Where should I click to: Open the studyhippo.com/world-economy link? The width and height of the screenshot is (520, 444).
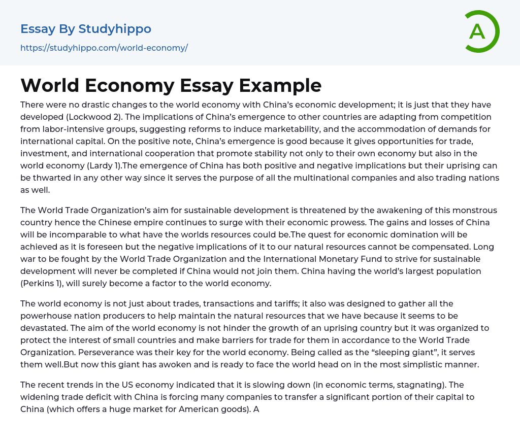(104, 48)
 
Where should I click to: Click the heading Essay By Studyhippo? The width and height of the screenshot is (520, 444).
(86, 29)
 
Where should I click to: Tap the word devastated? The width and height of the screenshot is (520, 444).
(45, 328)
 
